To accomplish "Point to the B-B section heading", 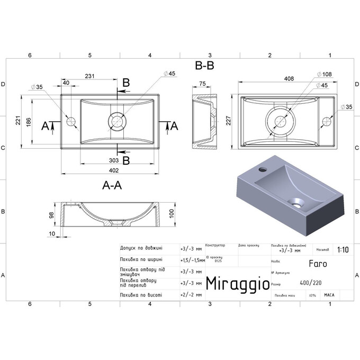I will [x=204, y=66].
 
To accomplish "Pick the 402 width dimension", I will [x=113, y=170].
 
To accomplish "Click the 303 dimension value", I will [x=113, y=159].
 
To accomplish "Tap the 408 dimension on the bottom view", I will [x=289, y=78].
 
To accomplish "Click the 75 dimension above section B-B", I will [x=202, y=83].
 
